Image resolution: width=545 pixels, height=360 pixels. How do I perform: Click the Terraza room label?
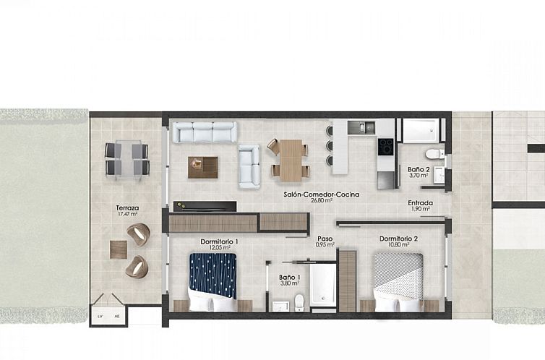[x=127, y=208]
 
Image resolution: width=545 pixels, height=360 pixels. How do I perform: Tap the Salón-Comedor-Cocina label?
[x=311, y=194]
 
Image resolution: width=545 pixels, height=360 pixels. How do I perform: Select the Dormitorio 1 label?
[x=219, y=241]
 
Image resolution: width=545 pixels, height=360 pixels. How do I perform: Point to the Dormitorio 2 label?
[x=398, y=239]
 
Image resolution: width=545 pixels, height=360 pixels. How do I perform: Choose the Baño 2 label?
[x=419, y=168]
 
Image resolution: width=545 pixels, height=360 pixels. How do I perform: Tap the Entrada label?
[x=420, y=203]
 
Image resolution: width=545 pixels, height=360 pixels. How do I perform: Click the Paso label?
[x=325, y=238]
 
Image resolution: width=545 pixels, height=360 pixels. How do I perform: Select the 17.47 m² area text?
[x=127, y=215]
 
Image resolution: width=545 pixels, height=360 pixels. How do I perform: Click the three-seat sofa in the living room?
[x=205, y=132]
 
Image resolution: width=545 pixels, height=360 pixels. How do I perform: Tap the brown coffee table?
[x=203, y=167]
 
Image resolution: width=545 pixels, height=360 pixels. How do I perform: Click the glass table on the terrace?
[x=127, y=159]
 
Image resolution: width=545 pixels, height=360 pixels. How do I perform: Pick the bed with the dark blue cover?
[x=213, y=278]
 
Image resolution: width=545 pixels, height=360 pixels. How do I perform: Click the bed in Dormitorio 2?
[x=398, y=280]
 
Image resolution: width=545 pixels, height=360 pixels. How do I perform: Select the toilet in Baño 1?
[x=299, y=302]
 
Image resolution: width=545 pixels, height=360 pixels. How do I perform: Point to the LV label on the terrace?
[x=100, y=316]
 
